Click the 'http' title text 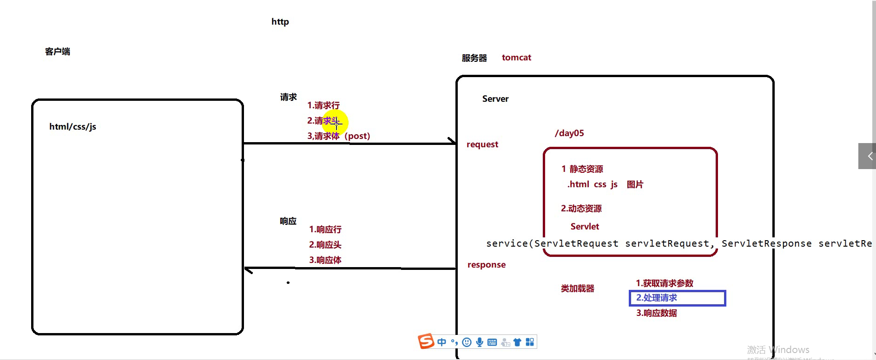pos(280,22)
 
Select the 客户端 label pos(58,52)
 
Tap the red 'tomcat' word pos(516,58)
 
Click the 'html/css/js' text pos(72,127)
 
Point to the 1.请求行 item pos(323,105)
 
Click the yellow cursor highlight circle pos(335,122)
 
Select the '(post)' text pos(357,136)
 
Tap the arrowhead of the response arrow pos(248,269)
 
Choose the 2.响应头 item pos(325,245)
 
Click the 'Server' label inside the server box pos(495,99)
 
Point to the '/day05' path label pos(569,133)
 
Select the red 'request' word pos(482,144)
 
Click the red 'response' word pos(487,265)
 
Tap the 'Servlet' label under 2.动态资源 pos(585,227)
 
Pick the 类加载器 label pos(578,288)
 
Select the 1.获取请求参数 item pos(665,283)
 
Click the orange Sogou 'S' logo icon pos(426,341)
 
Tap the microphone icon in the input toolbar pos(480,342)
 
